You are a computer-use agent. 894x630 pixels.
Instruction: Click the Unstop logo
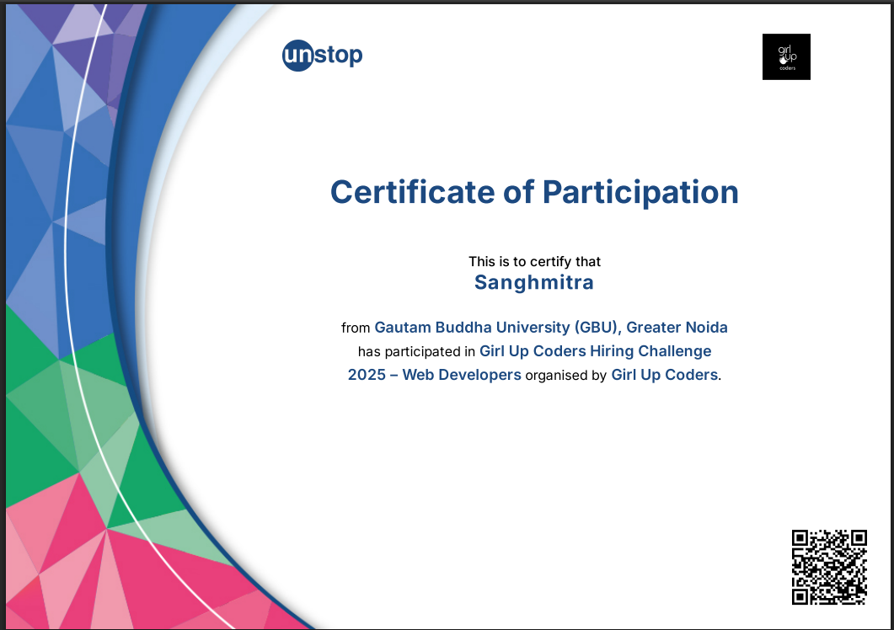(322, 56)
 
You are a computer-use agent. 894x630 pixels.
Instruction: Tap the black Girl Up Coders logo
(786, 56)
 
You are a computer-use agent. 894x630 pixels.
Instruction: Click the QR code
(829, 567)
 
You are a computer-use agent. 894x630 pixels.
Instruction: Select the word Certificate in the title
(413, 191)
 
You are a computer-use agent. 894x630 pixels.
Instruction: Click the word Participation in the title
(640, 193)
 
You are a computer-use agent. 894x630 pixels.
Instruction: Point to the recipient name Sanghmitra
(533, 283)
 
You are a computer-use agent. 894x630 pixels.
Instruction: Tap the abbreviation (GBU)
(596, 328)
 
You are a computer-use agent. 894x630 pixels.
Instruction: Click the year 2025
(367, 375)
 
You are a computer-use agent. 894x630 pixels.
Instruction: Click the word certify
(551, 262)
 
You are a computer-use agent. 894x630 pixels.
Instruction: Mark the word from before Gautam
(356, 328)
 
